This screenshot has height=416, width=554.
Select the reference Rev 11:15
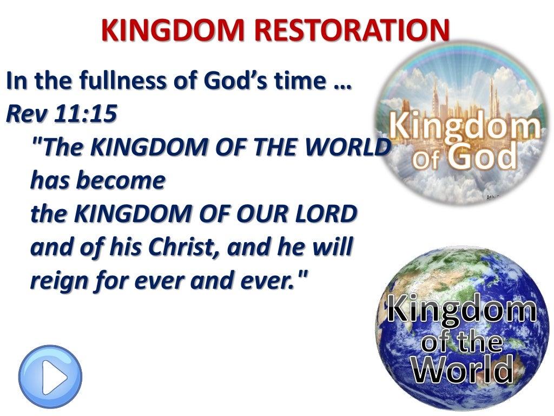point(61,113)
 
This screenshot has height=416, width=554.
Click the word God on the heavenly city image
point(486,157)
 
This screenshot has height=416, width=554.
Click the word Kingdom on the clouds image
point(465,127)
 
